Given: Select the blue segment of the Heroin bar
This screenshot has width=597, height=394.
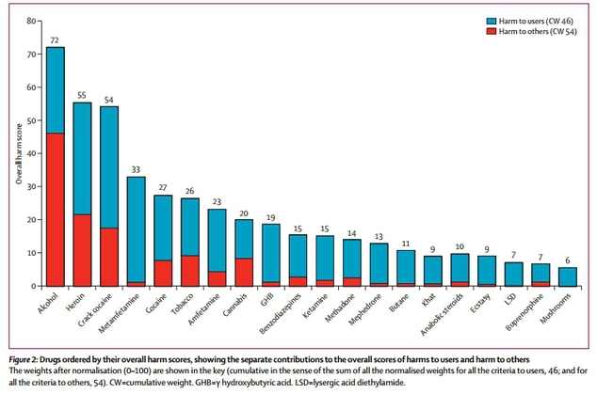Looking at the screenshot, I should pos(82,158).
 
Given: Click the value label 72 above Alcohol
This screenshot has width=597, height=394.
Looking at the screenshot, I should pos(55,40).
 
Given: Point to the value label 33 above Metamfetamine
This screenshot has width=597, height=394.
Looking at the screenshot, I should pos(136,170).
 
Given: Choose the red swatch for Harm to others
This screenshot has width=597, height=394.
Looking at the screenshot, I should pos(492,31).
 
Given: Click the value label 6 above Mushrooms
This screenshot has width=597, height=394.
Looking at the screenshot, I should pos(568,260).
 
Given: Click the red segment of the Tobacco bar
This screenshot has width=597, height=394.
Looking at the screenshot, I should pos(190,270).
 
